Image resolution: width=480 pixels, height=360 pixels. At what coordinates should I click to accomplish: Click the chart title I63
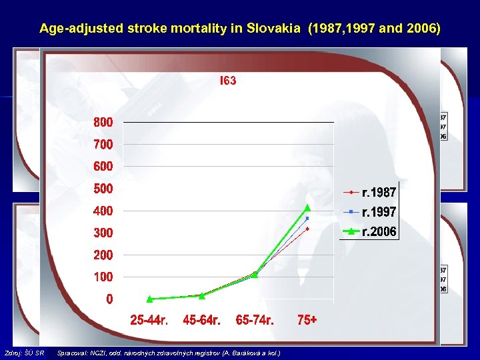pos(228,81)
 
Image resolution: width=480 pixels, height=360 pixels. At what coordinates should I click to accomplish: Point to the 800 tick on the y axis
pos(103,123)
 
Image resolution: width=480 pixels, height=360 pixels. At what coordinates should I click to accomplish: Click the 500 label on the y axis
pos(103,189)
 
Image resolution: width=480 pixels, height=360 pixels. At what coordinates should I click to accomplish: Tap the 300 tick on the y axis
pos(103,233)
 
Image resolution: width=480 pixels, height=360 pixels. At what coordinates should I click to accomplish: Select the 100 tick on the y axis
pos(103,277)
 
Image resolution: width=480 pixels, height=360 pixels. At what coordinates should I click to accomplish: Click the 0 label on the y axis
pos(109,299)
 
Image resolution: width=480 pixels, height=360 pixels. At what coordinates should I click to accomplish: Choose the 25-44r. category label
pos(149,321)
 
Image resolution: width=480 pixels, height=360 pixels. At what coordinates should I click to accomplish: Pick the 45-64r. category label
pos(201,321)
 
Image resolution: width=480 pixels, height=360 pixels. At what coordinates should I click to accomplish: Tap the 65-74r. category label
pos(255,321)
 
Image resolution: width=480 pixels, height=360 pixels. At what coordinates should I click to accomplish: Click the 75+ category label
pos(307,321)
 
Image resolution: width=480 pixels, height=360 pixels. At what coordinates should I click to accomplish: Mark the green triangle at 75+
pos(307,207)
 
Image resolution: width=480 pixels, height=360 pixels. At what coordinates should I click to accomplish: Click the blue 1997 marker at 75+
pos(307,218)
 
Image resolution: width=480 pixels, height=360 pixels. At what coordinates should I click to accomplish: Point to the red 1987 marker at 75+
pos(307,229)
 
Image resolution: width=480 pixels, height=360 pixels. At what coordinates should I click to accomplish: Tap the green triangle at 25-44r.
pos(150,299)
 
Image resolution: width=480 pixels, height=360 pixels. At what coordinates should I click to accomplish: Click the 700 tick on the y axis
pos(103,144)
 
